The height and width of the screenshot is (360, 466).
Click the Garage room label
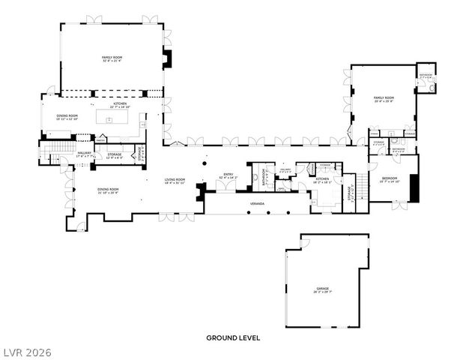point(323,289)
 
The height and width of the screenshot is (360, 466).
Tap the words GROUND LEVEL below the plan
point(233,338)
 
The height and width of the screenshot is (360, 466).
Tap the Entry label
point(227,176)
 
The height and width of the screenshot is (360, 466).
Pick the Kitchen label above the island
point(121,106)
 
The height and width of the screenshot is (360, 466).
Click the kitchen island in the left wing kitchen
point(120,118)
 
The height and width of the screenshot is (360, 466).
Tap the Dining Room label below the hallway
point(108,191)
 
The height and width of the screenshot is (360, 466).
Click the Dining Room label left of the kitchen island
point(67,117)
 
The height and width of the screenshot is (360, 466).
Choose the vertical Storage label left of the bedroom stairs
point(350,193)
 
